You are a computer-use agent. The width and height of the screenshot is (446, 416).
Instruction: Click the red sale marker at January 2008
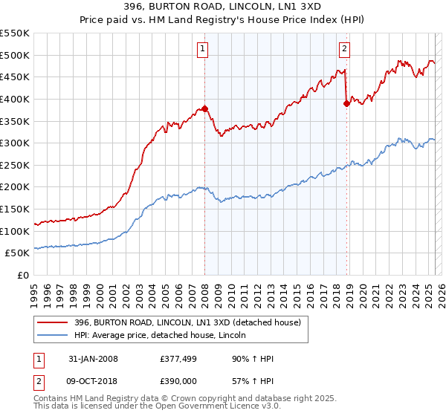click(205, 108)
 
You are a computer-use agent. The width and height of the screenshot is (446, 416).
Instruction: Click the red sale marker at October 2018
click(346, 103)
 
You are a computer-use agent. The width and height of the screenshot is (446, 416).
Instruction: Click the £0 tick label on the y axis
click(23, 276)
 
